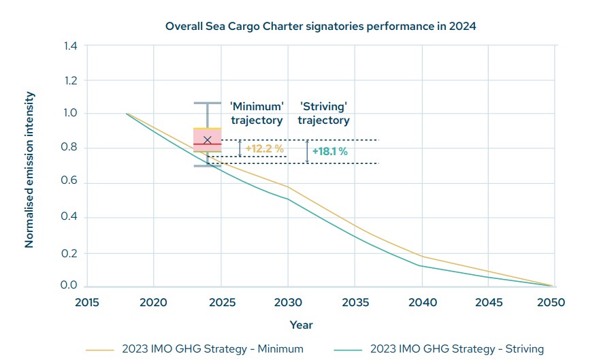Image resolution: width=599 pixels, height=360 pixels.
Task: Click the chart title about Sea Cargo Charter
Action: click(321, 27)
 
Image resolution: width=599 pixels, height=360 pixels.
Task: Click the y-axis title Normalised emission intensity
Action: click(29, 170)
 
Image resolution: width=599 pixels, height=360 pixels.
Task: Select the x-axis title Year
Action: click(301, 325)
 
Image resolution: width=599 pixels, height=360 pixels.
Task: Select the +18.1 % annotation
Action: click(329, 152)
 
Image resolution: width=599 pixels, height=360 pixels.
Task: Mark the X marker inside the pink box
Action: click(208, 140)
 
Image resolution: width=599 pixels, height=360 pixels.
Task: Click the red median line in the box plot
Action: click(208, 145)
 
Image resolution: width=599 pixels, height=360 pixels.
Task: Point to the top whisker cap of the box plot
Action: click(208, 103)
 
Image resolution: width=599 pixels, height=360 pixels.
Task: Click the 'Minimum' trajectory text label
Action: click(256, 114)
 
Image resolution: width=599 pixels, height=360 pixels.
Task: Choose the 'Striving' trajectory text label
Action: click(325, 114)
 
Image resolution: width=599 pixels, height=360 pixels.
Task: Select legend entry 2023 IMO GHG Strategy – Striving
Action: click(457, 349)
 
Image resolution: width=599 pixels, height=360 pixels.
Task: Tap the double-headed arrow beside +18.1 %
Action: click(307, 151)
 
